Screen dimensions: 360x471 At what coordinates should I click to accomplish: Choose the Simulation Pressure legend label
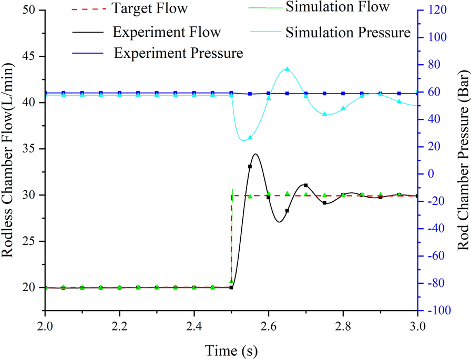[347, 33]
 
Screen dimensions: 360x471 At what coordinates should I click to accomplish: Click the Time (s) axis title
[231, 349]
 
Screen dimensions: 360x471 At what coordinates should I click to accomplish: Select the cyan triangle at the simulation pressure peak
[287, 69]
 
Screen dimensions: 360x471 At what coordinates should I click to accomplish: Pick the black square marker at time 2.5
[231, 287]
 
